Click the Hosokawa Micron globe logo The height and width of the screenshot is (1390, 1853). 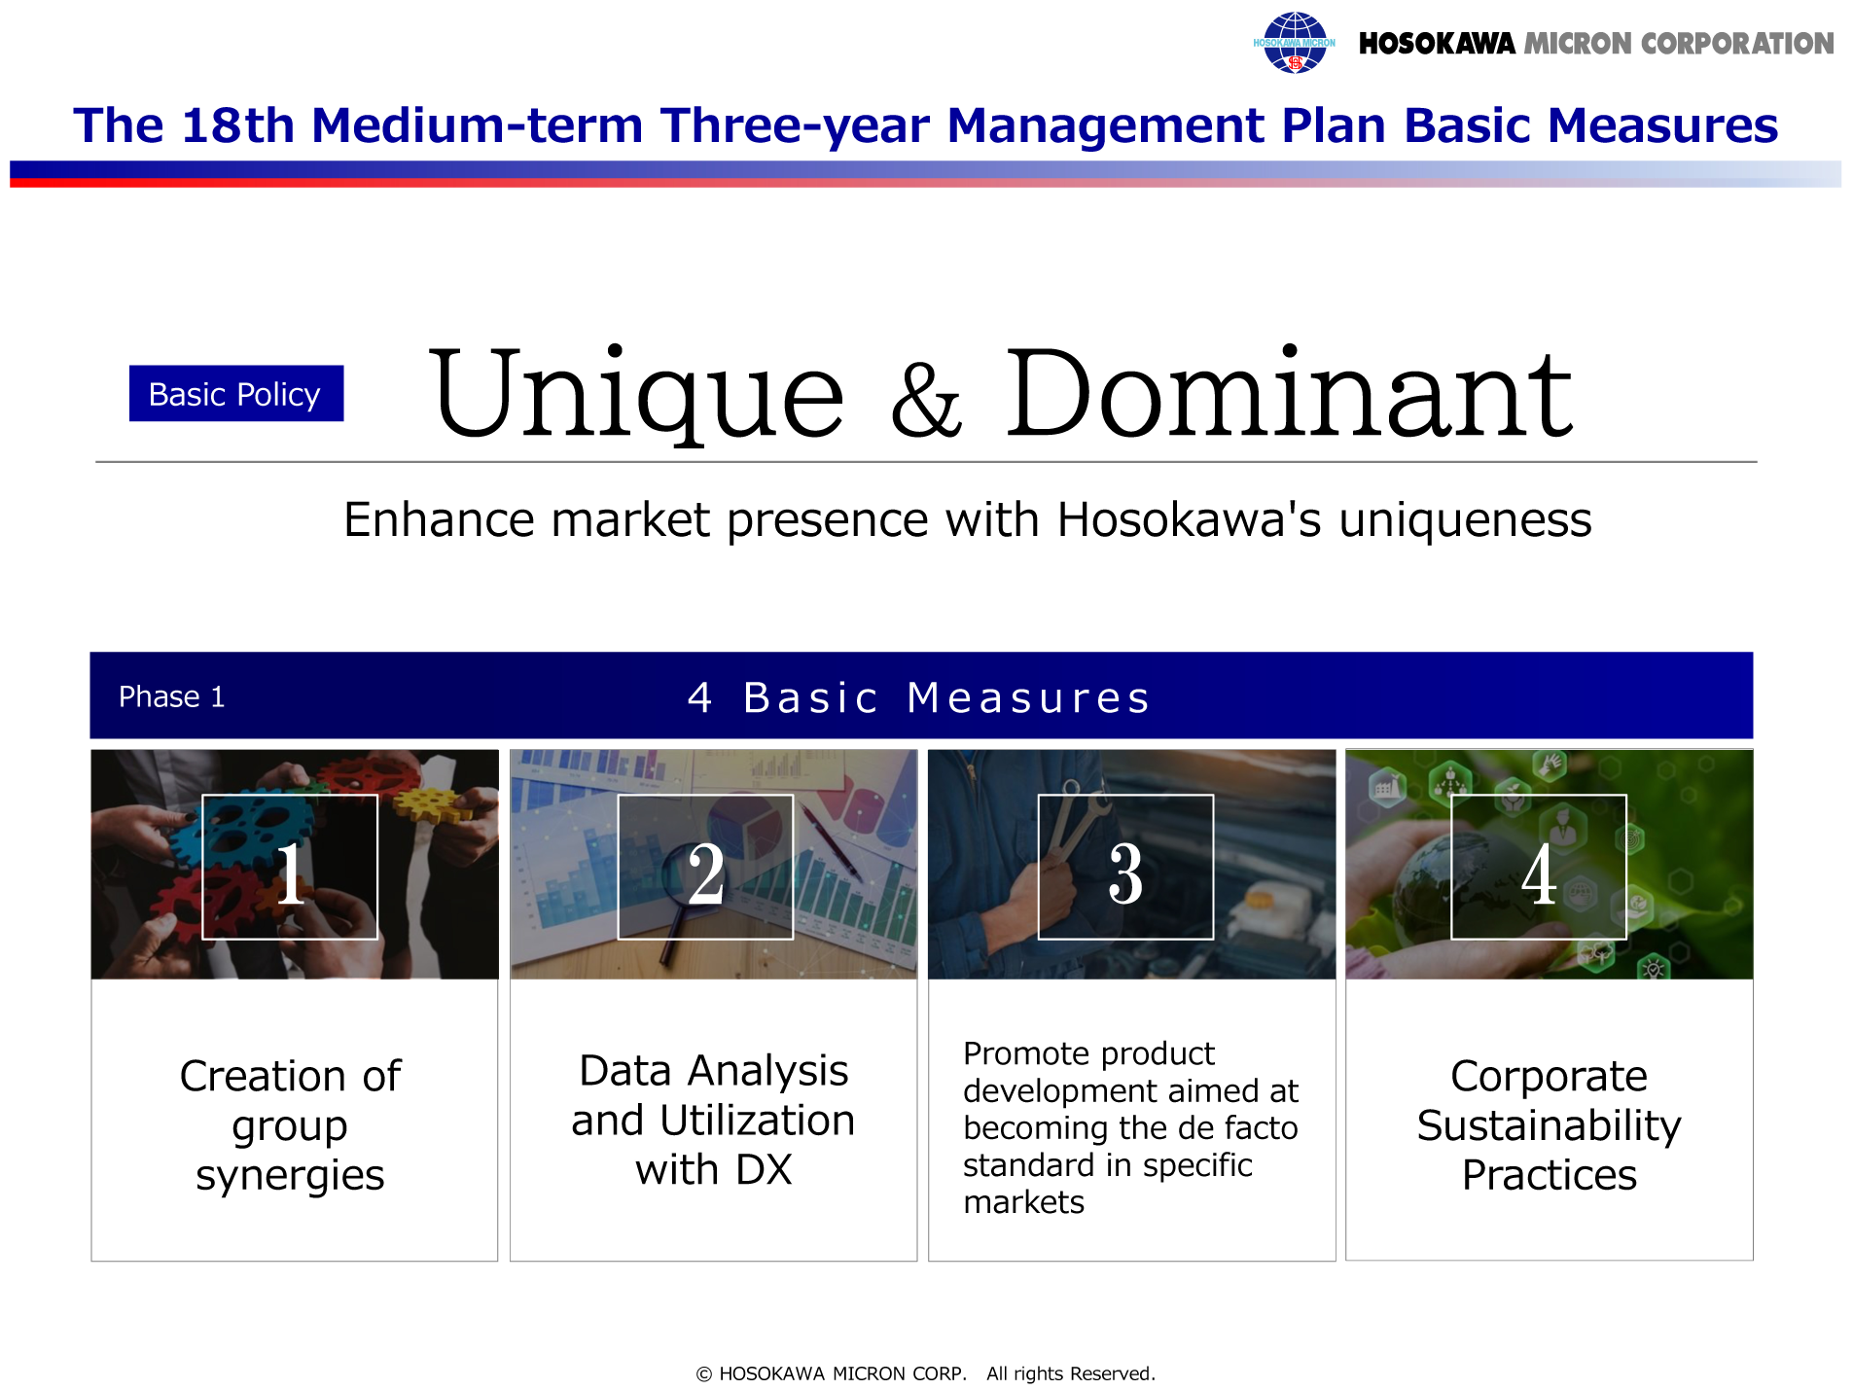pos(1294,43)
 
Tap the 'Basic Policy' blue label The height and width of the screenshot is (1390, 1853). pos(235,393)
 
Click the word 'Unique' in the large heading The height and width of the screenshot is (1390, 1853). pos(636,394)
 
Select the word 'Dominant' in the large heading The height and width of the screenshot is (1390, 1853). pos(1288,391)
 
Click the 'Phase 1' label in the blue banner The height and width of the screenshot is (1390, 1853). pos(171,696)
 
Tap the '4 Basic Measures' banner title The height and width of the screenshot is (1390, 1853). pos(919,697)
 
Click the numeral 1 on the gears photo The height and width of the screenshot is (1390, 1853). pos(290,873)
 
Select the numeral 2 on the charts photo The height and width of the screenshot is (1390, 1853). pos(706,873)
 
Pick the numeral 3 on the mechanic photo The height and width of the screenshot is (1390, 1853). pos(1125,873)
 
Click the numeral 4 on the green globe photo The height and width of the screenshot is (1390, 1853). pos(1539,873)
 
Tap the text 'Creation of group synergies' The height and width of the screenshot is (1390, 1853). pos(290,1124)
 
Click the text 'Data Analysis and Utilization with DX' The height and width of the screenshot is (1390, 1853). pos(713,1120)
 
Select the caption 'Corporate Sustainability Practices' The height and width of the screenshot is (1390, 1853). pos(1550,1124)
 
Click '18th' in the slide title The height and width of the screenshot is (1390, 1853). pos(237,125)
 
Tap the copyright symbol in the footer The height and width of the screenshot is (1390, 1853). pos(704,1373)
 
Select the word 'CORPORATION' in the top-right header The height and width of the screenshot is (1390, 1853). pos(1737,44)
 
